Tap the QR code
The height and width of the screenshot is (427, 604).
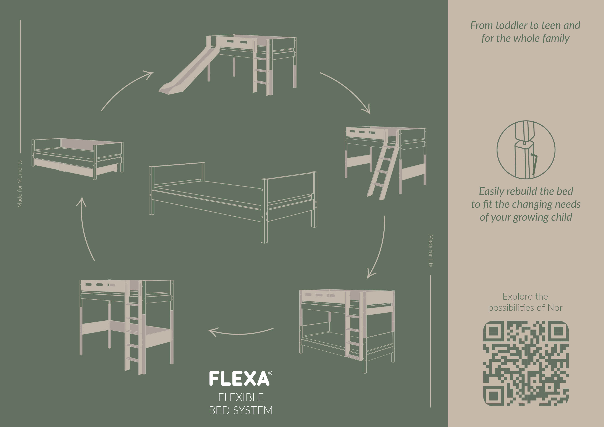click(x=526, y=363)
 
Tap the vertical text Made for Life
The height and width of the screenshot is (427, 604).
click(x=431, y=251)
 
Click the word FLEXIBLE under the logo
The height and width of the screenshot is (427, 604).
click(x=241, y=397)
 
